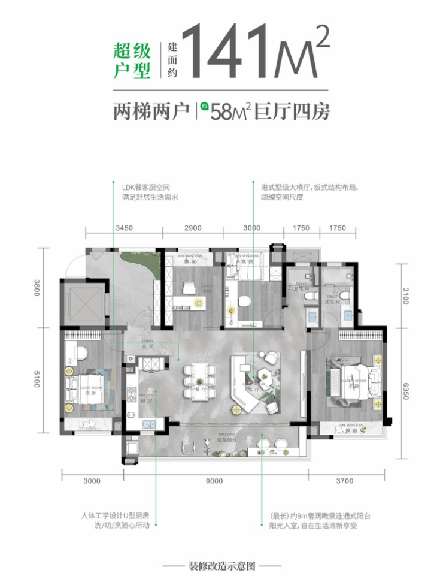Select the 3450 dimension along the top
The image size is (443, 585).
[x=123, y=228]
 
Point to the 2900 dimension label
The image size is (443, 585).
[x=193, y=228]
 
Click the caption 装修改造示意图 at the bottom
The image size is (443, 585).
[x=222, y=566]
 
